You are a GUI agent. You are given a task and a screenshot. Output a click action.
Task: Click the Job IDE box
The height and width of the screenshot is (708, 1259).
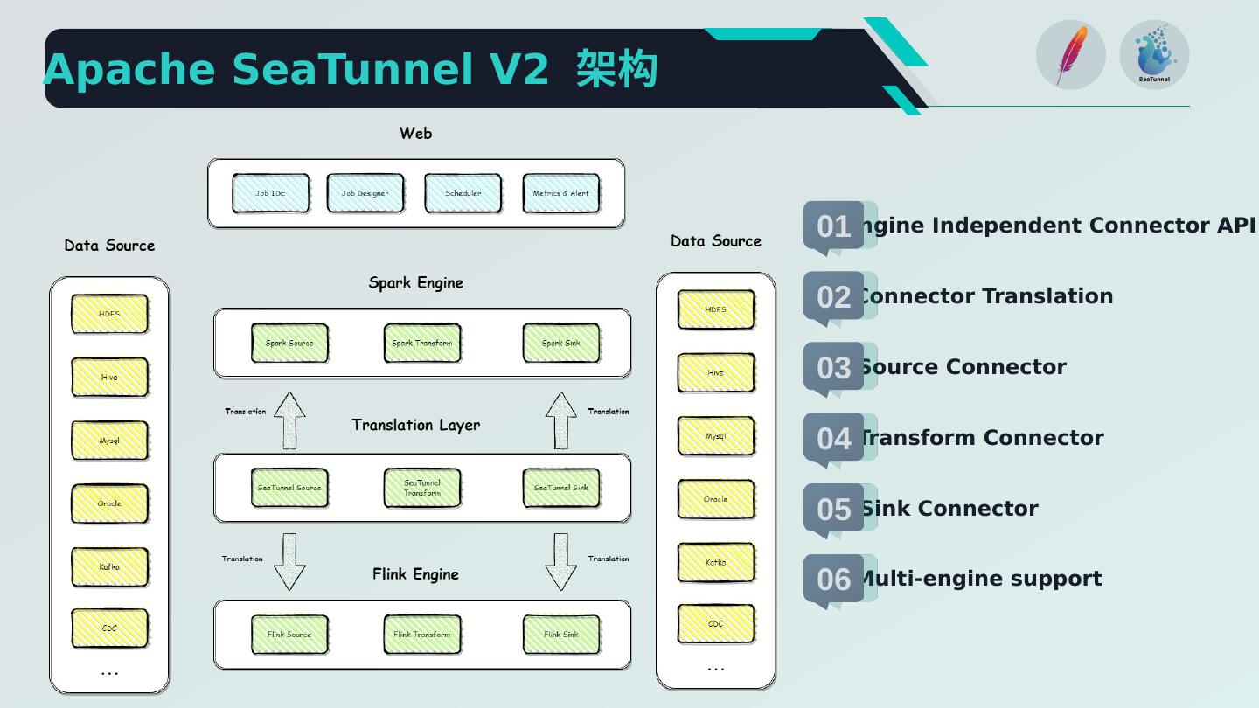tap(270, 193)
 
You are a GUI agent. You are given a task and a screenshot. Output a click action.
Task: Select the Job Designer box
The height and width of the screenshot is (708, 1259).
tap(365, 193)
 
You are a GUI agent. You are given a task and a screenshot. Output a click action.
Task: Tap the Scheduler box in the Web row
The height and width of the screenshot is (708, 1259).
tap(463, 193)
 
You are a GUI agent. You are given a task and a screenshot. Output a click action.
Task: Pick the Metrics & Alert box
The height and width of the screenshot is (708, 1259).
tap(560, 193)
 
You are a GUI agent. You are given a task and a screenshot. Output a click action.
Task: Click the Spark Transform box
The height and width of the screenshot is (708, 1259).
tap(422, 344)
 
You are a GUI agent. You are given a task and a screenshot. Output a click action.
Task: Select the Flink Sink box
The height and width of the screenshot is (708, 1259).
tap(560, 635)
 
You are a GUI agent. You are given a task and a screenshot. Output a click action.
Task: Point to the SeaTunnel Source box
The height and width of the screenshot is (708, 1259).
tap(289, 488)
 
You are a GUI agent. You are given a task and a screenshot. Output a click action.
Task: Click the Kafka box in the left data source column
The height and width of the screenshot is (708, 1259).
tap(109, 567)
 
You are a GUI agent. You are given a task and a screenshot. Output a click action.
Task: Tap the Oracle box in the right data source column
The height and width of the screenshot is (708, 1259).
tap(715, 499)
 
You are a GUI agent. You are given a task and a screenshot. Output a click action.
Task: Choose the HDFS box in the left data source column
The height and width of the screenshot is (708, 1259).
tap(109, 314)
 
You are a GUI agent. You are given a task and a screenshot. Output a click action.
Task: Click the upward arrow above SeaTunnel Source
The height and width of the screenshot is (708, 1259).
tap(289, 420)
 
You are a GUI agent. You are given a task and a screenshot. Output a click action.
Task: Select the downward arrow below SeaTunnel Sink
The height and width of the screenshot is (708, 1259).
tap(560, 562)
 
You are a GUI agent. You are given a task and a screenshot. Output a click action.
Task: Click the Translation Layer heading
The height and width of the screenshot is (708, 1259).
tap(415, 425)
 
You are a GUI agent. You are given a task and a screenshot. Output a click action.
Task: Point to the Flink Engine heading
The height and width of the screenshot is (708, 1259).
tap(415, 574)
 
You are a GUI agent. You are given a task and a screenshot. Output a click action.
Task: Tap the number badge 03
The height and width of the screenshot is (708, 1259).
tap(833, 367)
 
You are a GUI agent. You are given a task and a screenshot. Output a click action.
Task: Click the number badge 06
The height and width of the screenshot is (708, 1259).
tap(833, 579)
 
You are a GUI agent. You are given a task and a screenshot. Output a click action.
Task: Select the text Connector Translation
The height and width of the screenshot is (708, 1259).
tap(985, 296)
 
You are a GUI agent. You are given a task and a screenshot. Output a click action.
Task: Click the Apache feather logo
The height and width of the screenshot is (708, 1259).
tap(1070, 55)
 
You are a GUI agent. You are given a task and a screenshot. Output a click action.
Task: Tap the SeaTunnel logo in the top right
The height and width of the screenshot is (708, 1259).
tap(1154, 55)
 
